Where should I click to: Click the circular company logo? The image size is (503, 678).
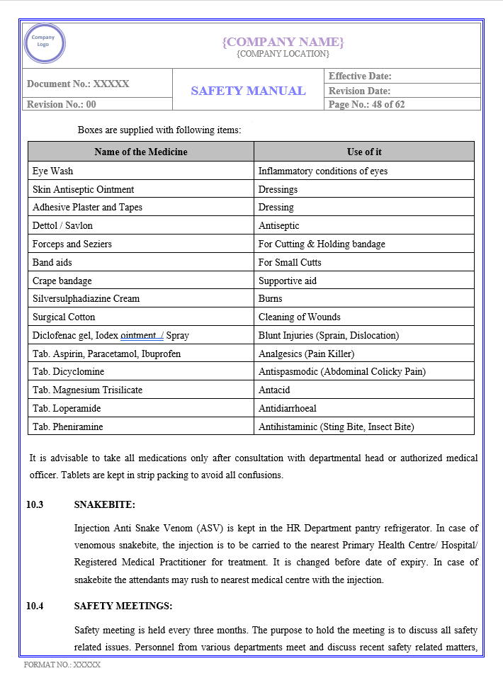point(44,44)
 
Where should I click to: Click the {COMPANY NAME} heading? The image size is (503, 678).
point(283,42)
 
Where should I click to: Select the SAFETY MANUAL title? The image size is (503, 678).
point(248,91)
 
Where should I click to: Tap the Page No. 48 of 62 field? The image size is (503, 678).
point(367,104)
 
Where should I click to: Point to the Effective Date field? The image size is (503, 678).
point(360,76)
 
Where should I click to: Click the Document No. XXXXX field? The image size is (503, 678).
point(78,84)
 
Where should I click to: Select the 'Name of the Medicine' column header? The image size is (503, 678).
point(141,152)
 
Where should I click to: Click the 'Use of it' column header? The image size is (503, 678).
point(364,152)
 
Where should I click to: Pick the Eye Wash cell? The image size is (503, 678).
point(53,171)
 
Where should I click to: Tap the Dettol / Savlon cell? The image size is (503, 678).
point(62,225)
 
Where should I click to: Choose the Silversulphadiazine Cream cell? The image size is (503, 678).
point(86,298)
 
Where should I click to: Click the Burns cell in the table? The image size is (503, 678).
point(270,298)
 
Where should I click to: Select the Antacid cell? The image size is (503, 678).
point(274,390)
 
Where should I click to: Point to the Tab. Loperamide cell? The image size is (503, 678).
point(67,408)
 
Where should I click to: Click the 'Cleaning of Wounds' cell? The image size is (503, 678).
point(299,317)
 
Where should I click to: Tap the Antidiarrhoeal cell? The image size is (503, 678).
point(287,408)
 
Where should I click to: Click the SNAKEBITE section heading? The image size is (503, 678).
point(104,504)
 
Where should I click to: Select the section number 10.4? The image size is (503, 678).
point(35,606)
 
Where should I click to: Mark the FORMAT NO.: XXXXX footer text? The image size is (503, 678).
point(62,665)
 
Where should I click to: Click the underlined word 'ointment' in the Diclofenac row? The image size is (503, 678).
point(140,335)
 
